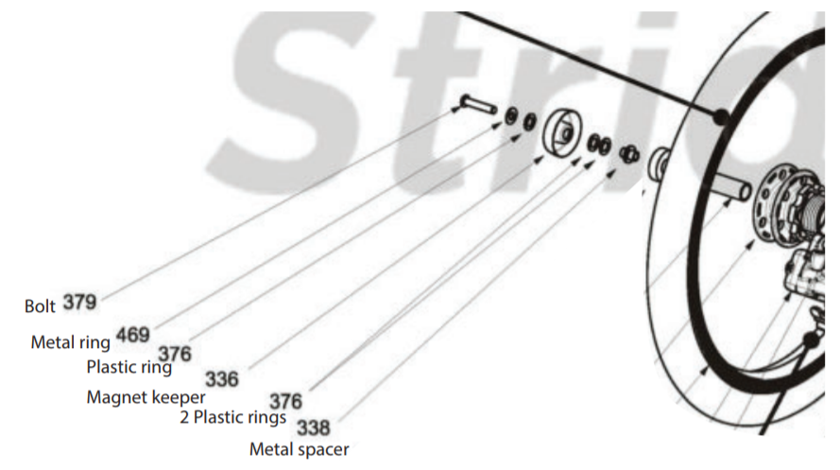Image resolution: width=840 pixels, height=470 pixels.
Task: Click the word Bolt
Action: [40, 306]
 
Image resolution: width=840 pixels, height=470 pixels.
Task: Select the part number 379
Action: [79, 303]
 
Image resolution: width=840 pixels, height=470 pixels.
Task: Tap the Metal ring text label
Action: [70, 342]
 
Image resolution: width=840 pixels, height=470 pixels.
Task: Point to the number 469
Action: [133, 335]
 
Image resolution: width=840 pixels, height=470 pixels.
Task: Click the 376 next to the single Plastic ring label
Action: [175, 354]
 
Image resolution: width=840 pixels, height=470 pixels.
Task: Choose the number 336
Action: [222, 379]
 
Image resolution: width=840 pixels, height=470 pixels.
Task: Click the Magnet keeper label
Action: [146, 397]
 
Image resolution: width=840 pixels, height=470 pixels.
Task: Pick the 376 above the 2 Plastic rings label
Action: [286, 401]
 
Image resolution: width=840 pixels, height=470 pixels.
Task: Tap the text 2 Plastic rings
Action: [233, 417]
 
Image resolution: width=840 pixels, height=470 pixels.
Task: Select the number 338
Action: [314, 427]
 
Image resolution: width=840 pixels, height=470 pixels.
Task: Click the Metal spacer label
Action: [299, 449]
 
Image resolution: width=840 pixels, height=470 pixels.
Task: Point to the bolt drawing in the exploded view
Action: [478, 103]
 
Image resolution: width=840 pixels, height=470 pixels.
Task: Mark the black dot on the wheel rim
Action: [721, 115]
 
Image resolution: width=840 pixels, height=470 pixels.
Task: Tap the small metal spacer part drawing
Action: [629, 154]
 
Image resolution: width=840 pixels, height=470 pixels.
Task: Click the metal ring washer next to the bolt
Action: [511, 116]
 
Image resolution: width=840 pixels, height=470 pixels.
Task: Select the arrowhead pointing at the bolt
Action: [455, 110]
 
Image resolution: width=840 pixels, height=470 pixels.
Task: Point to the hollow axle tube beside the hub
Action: [730, 187]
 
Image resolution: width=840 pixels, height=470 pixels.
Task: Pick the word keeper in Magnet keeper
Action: [180, 397]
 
